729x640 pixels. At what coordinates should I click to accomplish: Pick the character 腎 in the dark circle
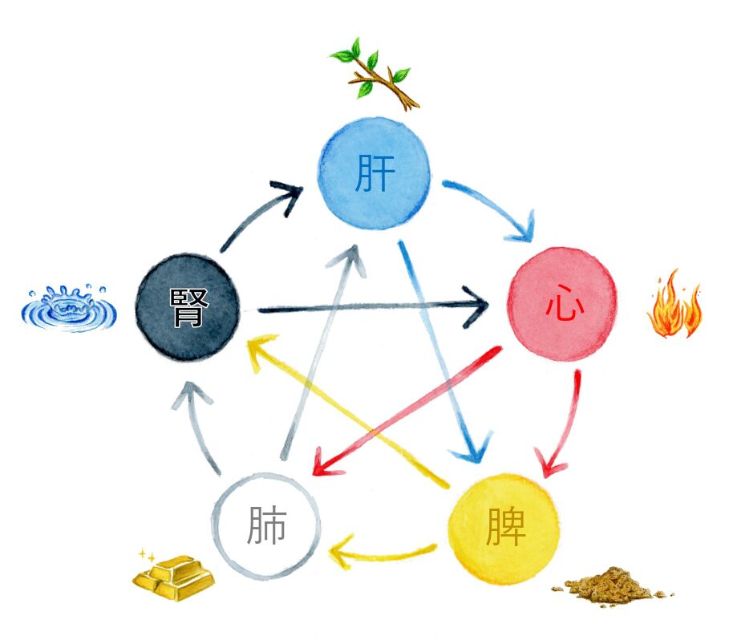click(189, 306)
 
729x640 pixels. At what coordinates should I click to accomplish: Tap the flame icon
click(674, 306)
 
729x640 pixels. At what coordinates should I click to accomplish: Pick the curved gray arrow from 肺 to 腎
click(197, 425)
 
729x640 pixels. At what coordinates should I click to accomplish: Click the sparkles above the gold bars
click(147, 554)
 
